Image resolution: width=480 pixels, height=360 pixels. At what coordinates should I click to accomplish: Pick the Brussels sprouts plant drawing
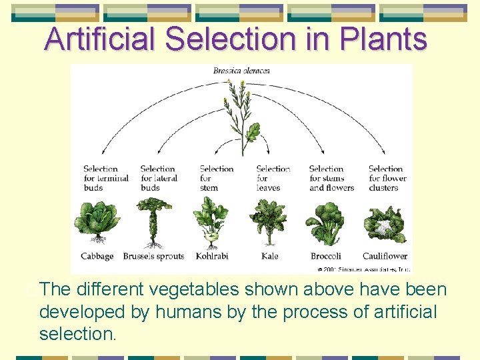click(155, 223)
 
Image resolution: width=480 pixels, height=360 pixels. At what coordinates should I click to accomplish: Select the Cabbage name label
click(97, 256)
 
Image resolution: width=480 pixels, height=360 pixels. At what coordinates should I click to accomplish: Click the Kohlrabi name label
click(212, 256)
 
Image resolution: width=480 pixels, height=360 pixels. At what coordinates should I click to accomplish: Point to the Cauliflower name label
click(385, 256)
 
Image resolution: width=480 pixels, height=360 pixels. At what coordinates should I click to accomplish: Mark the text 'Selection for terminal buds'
click(105, 178)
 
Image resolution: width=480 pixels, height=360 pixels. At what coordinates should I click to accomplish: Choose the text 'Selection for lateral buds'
click(159, 178)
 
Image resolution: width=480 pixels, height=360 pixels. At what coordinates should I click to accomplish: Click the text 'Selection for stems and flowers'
click(331, 178)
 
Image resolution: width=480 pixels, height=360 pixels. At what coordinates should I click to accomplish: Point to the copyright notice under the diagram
click(363, 269)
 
